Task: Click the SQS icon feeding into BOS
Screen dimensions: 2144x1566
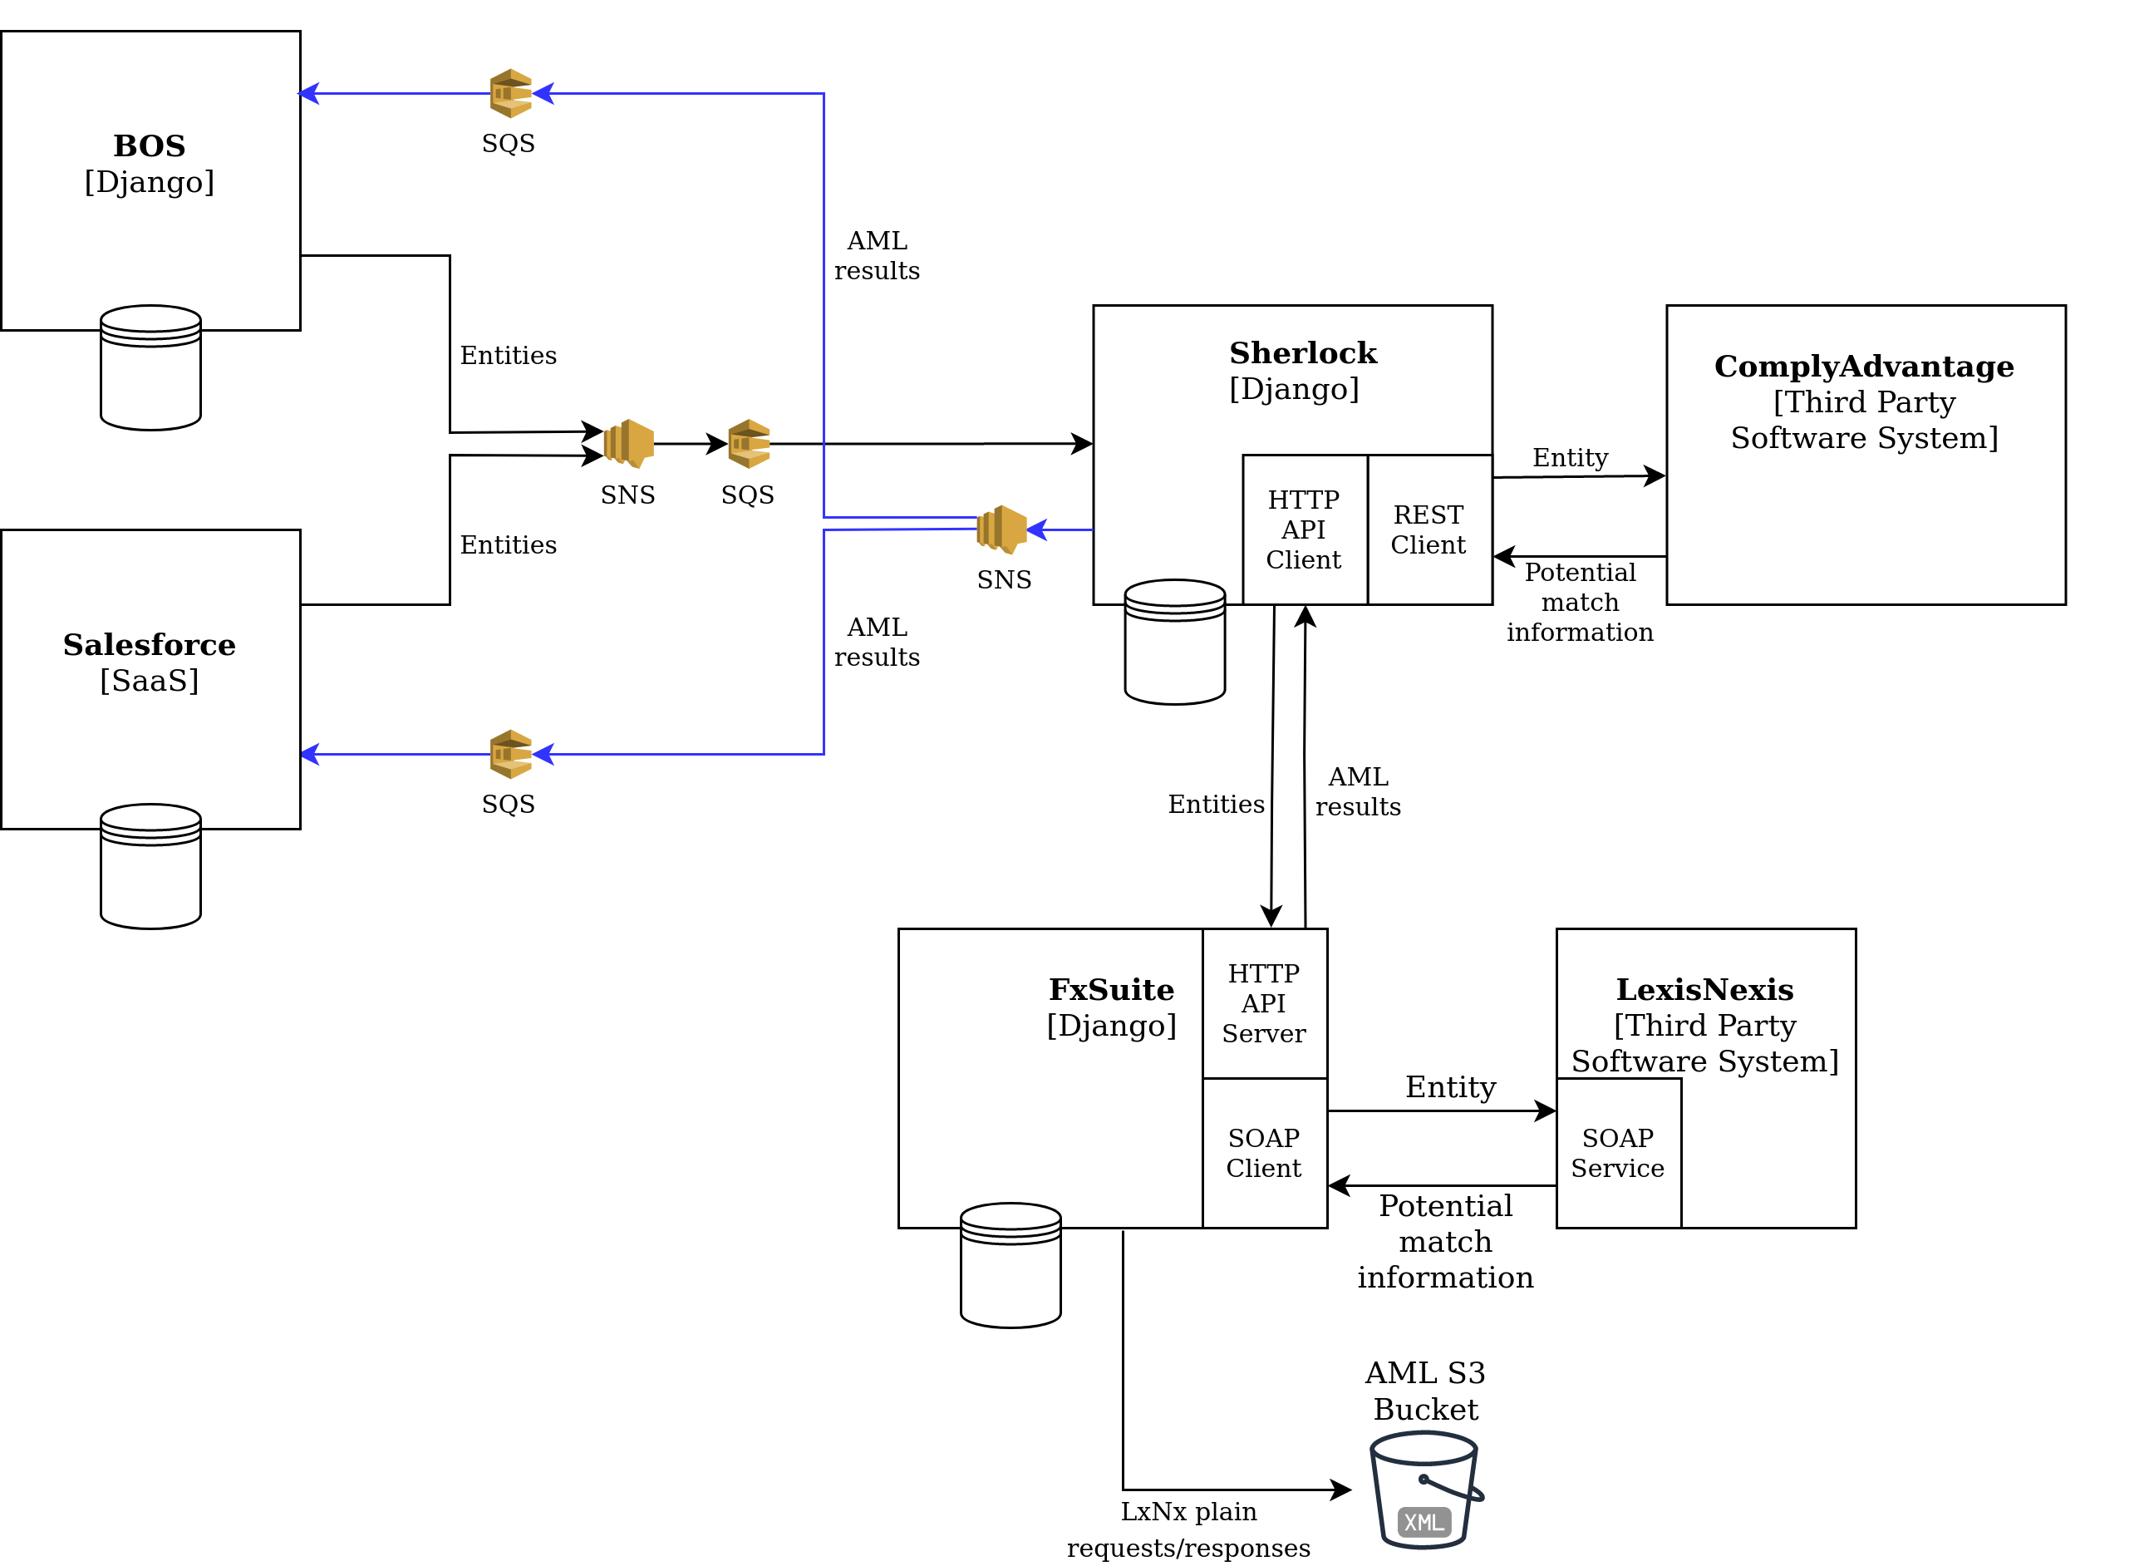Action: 511,93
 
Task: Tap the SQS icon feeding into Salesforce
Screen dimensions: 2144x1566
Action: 511,756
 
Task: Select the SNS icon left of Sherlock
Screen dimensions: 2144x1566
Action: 1002,530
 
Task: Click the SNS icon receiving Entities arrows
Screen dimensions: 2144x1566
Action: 628,444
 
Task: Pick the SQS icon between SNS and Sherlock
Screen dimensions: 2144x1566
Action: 749,444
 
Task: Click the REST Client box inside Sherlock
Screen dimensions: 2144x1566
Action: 1430,530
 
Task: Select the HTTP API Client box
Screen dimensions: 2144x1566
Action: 1306,530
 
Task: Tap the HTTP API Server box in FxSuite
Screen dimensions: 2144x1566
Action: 1266,1004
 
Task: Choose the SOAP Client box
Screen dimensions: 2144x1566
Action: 1266,1154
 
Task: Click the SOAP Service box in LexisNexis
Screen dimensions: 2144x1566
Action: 1619,1154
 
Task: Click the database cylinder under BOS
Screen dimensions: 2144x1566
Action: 150,367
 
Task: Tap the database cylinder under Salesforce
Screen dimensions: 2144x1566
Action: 150,866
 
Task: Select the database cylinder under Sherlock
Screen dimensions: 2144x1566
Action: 1175,642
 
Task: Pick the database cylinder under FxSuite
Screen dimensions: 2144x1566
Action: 1011,1265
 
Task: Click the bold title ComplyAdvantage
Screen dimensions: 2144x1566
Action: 1865,366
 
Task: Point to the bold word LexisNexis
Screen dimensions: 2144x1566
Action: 1705,990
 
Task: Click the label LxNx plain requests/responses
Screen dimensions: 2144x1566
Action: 1188,1530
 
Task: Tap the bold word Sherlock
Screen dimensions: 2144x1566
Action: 1303,352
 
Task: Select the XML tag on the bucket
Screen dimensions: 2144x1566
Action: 1424,1523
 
